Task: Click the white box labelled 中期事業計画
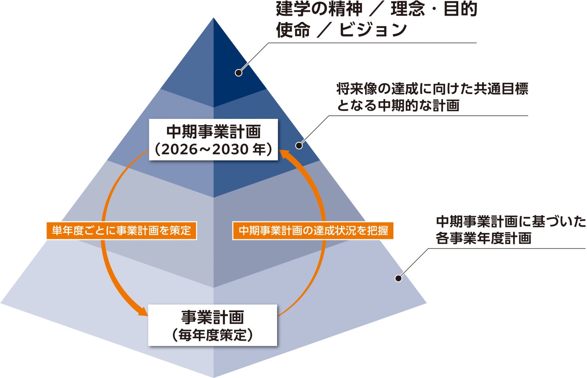[213, 139]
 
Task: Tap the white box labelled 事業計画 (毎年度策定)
[212, 325]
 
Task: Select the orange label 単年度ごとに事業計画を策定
[121, 231]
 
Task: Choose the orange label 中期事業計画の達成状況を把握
[313, 231]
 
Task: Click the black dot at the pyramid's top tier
[238, 73]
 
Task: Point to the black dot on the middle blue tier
[299, 145]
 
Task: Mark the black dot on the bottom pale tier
[398, 278]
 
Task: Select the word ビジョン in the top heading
[373, 30]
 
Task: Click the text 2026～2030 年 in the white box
[213, 149]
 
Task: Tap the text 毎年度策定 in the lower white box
[212, 335]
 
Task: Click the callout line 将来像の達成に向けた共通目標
[432, 89]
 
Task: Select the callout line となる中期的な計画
[398, 105]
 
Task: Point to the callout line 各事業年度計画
[484, 238]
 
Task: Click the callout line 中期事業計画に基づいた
[511, 222]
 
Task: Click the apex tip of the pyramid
[213, 19]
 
